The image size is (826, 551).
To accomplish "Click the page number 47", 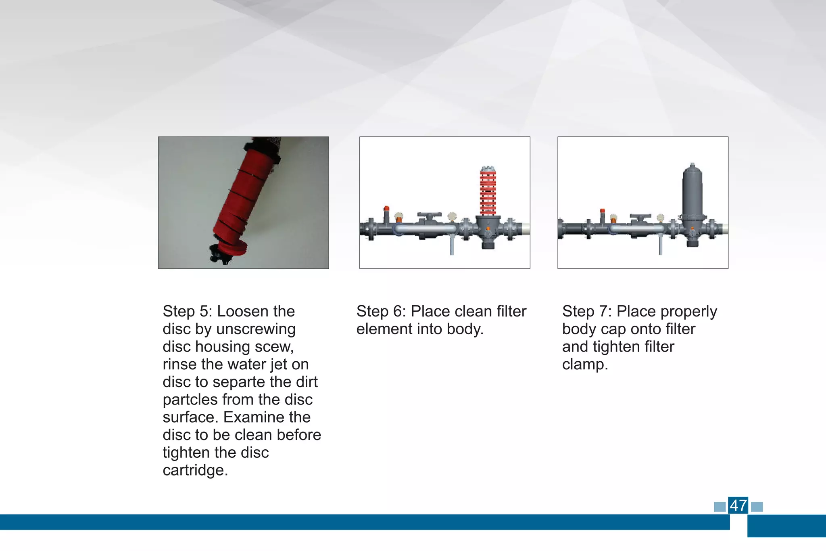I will click(x=738, y=505).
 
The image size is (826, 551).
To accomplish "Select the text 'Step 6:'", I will click(x=381, y=312).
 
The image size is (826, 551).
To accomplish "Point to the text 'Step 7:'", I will click(x=587, y=312).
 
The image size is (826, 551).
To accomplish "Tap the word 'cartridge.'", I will click(x=195, y=470).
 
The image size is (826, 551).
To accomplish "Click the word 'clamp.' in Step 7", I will click(x=585, y=365).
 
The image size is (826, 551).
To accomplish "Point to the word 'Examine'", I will click(x=267, y=417).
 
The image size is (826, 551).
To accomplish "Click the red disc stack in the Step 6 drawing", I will click(x=488, y=192).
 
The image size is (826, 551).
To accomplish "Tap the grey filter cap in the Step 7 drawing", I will click(x=692, y=190).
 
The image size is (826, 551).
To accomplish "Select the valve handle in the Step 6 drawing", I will click(x=430, y=214).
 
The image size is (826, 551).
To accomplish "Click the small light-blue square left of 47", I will click(x=720, y=507).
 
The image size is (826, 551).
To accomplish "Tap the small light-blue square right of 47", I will click(x=757, y=507).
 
